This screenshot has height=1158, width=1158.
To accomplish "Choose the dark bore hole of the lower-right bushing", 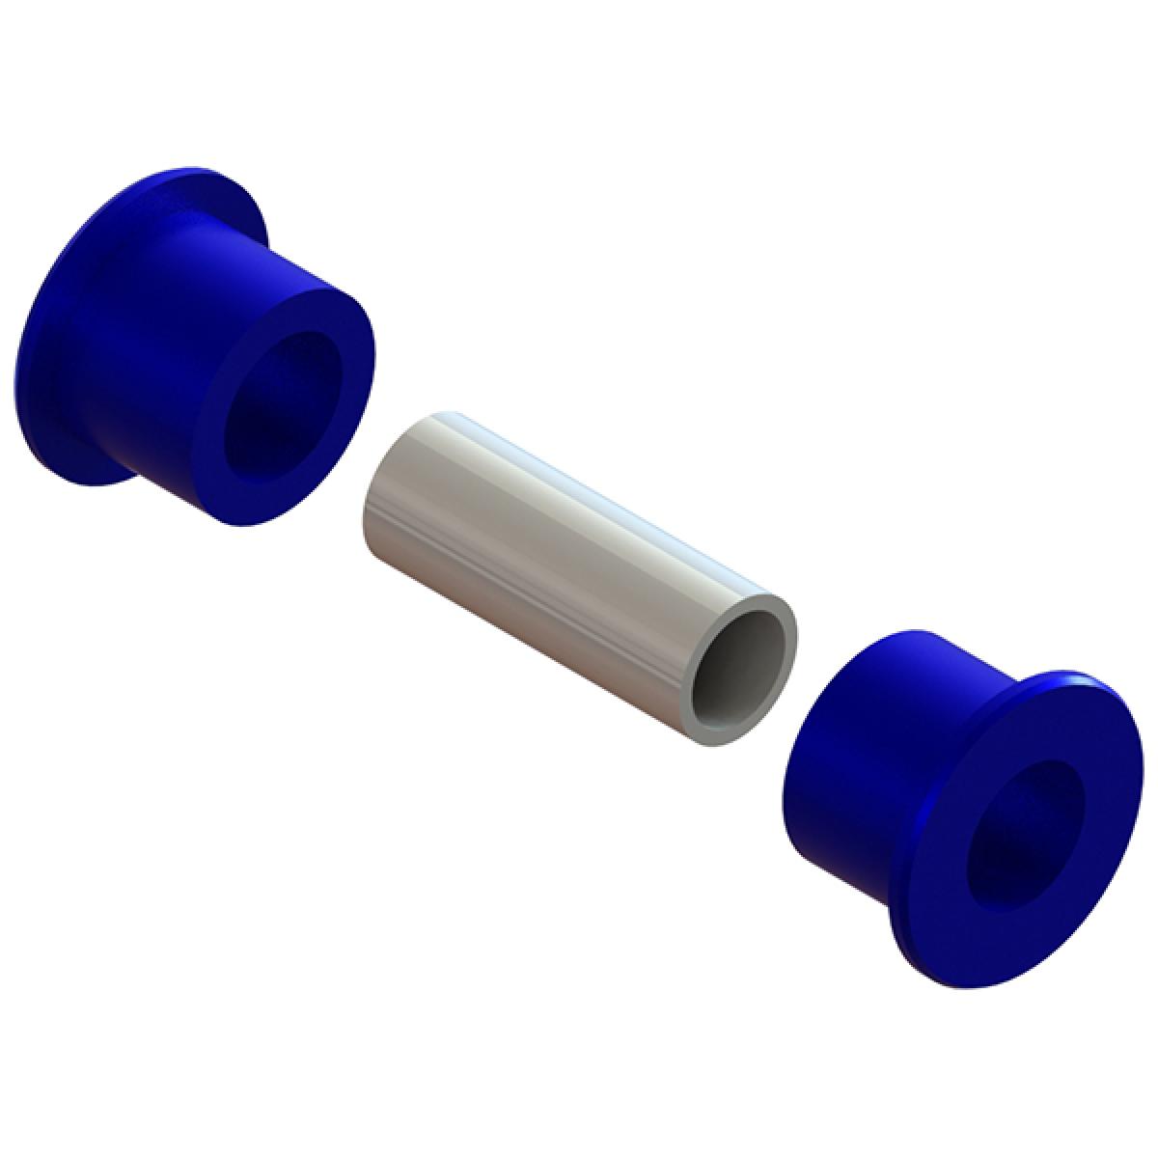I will pyautogui.click(x=1023, y=835).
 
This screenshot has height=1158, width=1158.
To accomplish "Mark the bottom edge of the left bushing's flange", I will pyautogui.click(x=77, y=473).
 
